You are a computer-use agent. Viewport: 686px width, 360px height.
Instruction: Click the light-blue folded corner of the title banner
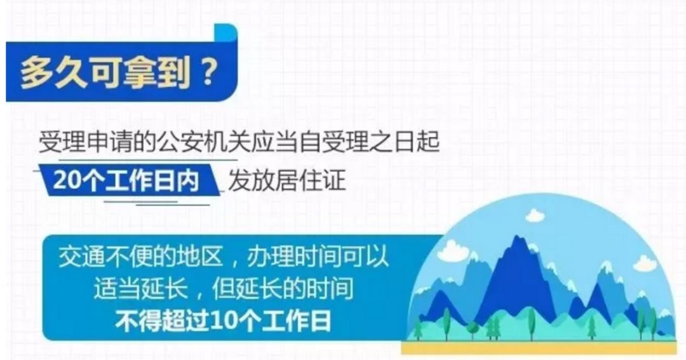click(x=225, y=33)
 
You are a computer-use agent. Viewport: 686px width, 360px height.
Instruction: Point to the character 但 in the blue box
click(x=223, y=289)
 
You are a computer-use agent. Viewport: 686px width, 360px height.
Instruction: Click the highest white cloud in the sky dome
click(x=535, y=215)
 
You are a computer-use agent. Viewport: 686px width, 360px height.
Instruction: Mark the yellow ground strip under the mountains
click(x=539, y=347)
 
